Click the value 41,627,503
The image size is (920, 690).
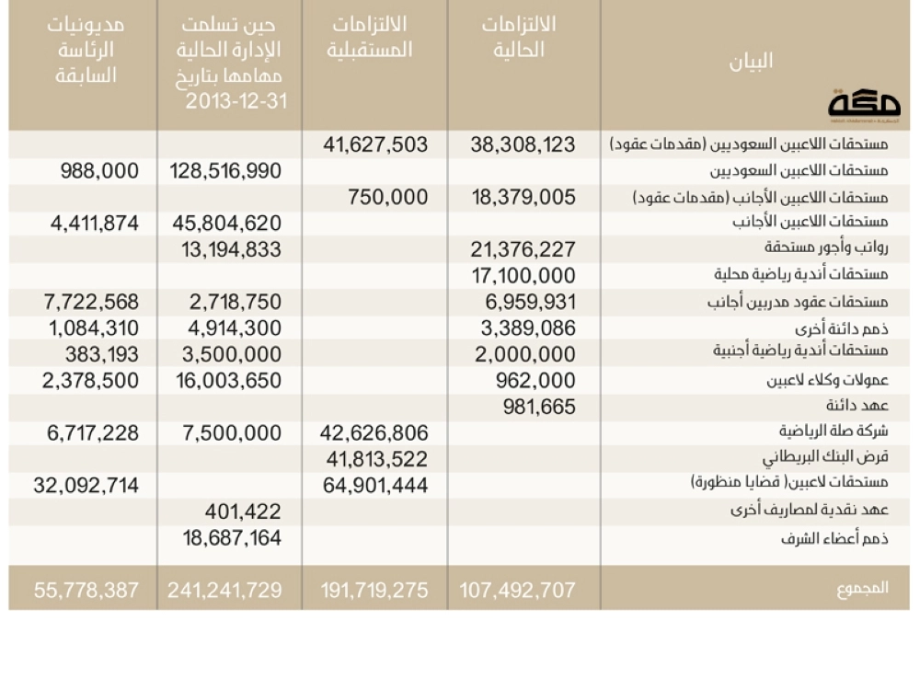pos(375,144)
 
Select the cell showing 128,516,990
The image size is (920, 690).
pos(225,171)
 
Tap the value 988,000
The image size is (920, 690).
pos(100,171)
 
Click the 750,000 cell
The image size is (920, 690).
pos(387,197)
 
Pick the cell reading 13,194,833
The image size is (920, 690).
pos(225,249)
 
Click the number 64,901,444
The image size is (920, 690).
pos(375,485)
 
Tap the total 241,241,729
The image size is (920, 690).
pos(224,590)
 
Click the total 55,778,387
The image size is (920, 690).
pos(86,590)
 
